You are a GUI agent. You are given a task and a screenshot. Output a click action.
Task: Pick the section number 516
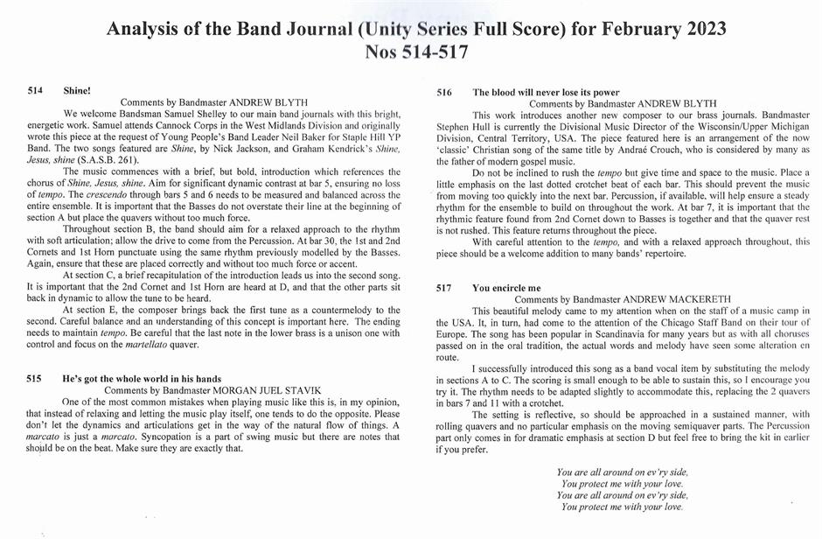pyautogui.click(x=444, y=92)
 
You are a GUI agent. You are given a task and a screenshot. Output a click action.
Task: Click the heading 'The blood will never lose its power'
pyautogui.click(x=546, y=92)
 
